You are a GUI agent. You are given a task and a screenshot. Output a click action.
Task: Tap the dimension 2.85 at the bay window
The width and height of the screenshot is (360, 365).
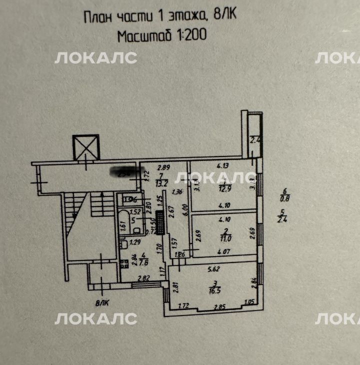[x=220, y=305]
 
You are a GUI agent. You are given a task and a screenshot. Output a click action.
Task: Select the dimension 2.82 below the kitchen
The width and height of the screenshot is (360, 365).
[x=144, y=278]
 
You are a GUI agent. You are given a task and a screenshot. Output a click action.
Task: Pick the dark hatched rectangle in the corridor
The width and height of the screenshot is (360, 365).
[x=160, y=222]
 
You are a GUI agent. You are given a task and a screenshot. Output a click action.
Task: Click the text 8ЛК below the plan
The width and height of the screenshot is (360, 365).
[x=102, y=301]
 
